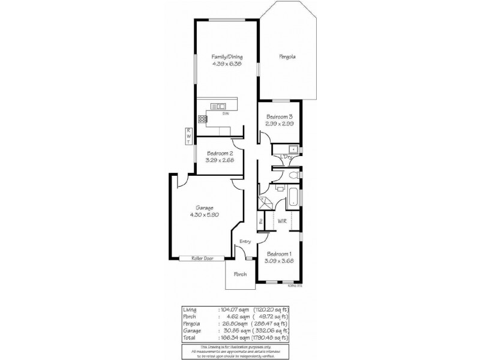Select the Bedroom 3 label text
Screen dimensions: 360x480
(279, 116)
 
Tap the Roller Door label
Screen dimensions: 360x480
(202, 259)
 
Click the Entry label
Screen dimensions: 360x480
(245, 241)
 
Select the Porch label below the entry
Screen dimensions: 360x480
(240, 274)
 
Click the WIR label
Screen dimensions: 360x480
(281, 221)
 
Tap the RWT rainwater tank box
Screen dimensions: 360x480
(188, 136)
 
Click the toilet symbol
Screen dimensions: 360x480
(292, 175)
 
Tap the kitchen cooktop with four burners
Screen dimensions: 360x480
(202, 118)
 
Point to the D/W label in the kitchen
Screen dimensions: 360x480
(226, 113)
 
